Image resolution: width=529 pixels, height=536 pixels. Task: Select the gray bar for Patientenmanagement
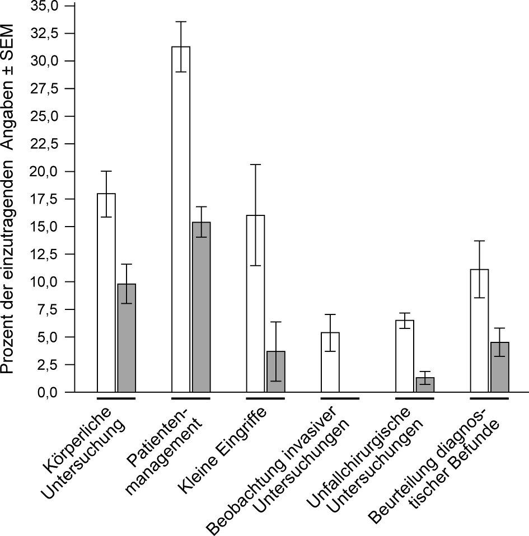[201, 308]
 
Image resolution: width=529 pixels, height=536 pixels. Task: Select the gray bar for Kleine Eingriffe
[276, 372]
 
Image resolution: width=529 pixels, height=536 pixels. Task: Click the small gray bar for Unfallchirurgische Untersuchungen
[425, 385]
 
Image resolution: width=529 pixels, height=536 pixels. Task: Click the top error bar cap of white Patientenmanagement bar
[181, 22]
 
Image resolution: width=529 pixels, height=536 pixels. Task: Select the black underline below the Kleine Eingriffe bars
[265, 398]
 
